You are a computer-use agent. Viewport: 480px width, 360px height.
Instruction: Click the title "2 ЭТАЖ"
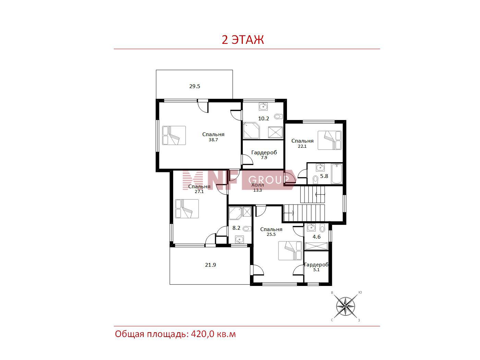point(243,40)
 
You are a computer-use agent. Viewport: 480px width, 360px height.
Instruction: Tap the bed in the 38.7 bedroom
point(174,135)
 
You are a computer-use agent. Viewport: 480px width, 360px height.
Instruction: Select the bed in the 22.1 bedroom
point(329,140)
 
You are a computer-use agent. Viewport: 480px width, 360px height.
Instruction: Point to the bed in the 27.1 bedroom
point(187,208)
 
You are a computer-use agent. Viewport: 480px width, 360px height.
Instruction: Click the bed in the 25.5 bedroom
point(290,251)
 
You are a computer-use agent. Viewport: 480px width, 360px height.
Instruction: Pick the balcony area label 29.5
point(195,86)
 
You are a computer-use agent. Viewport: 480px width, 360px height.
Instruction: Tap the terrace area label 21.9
point(211,265)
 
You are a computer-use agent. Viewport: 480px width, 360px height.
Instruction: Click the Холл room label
point(257,185)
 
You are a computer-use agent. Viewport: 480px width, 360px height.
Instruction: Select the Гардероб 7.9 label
point(264,155)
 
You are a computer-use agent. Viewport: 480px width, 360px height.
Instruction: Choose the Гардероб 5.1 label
point(316,267)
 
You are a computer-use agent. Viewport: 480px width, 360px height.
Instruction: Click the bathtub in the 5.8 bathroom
point(336,174)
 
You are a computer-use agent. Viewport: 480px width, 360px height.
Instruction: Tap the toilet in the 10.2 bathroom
point(278,116)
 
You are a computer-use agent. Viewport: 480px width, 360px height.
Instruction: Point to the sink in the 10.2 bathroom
point(263,107)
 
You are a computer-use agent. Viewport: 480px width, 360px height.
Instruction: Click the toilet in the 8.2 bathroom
point(247,229)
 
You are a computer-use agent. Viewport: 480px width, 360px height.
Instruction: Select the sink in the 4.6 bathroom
point(311,228)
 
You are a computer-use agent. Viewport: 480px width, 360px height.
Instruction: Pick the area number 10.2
point(264,119)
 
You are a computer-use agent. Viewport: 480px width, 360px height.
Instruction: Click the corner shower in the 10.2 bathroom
point(251,130)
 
